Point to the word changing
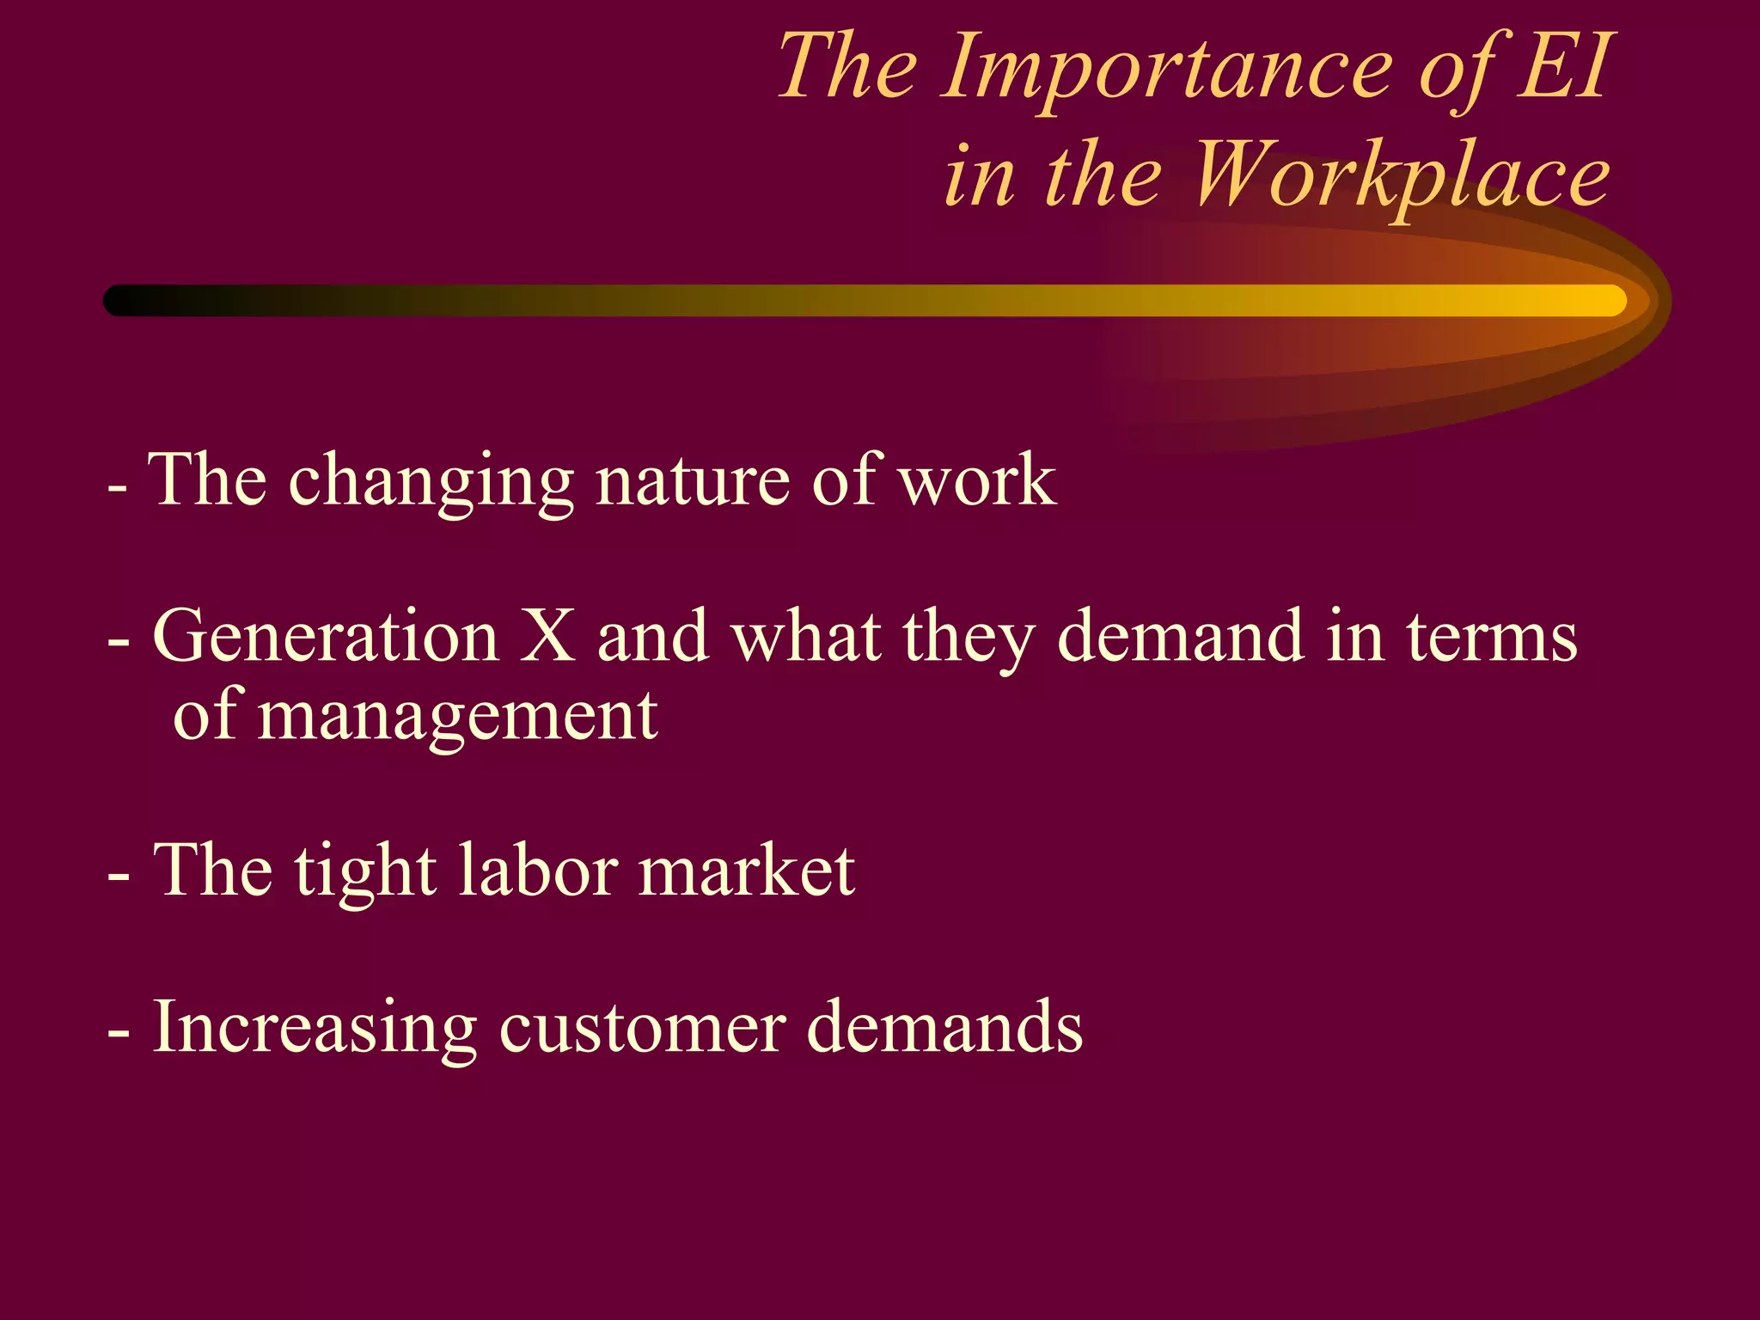(431, 482)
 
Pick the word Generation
(326, 637)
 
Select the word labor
(537, 871)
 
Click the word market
(746, 871)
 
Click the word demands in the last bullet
(944, 1027)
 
